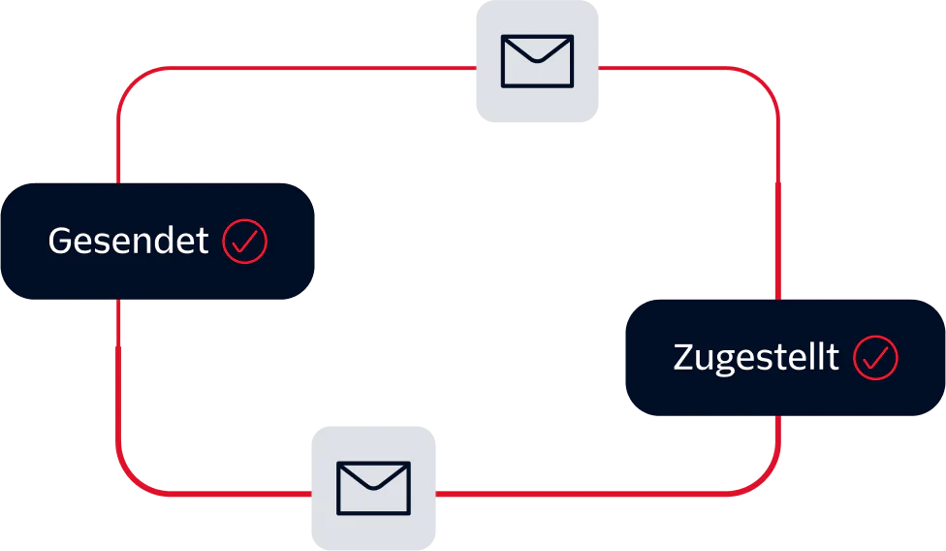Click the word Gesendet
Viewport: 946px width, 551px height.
tap(128, 241)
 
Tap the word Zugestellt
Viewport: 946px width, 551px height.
tap(755, 358)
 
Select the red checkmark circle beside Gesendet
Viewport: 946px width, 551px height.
tap(244, 241)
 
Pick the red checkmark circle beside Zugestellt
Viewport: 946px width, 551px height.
tap(875, 358)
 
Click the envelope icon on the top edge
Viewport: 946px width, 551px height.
tap(537, 61)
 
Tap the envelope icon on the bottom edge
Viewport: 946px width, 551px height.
tap(374, 487)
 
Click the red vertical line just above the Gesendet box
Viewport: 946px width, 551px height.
tap(118, 146)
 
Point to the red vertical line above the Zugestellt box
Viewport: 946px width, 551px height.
tap(778, 194)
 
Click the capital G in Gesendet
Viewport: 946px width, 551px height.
tap(61, 241)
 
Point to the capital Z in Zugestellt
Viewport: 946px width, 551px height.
tap(684, 358)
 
